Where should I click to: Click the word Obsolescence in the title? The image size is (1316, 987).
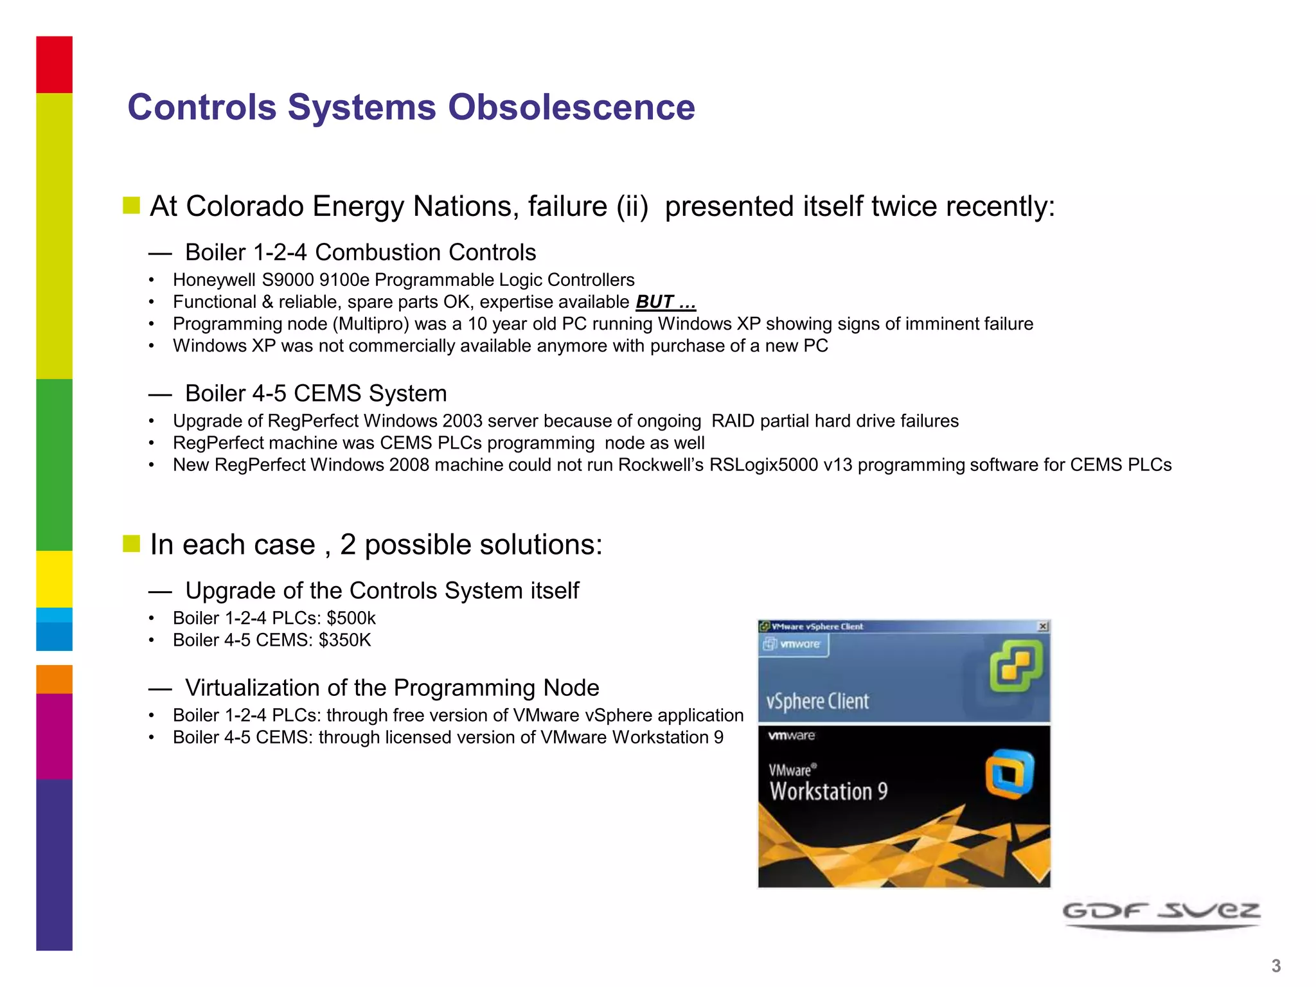click(x=571, y=107)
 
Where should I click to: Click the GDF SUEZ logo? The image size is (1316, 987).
click(x=1161, y=913)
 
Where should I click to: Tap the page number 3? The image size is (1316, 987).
click(x=1276, y=966)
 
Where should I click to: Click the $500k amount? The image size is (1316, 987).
click(x=351, y=618)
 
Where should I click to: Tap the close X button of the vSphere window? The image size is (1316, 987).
click(x=1043, y=626)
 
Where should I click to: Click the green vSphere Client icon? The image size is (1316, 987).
click(x=1015, y=668)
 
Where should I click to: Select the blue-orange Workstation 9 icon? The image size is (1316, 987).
click(x=1009, y=774)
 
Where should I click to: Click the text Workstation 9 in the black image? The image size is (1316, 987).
click(x=828, y=792)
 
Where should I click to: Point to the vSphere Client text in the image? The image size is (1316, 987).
click(x=817, y=701)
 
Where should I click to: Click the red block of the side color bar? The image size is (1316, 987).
click(x=54, y=64)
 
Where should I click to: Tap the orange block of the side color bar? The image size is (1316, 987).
click(x=54, y=679)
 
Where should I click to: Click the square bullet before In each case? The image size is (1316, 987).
click(x=131, y=544)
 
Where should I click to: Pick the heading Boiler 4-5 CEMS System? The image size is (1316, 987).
click(x=316, y=393)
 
